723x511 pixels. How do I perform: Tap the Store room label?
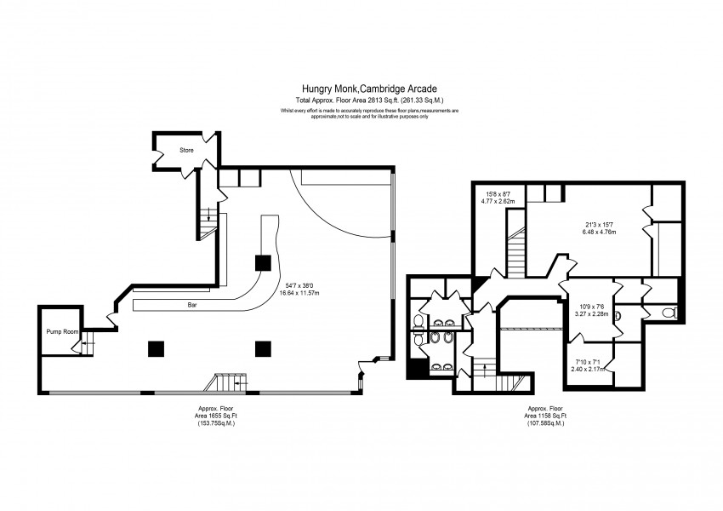(186, 151)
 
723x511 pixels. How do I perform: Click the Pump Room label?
(56, 332)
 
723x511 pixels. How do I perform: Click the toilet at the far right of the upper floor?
(669, 313)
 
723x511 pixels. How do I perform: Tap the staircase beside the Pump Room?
(85, 345)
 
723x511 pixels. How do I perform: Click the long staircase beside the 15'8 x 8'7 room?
(514, 255)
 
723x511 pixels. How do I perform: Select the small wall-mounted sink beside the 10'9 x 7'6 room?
(618, 317)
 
